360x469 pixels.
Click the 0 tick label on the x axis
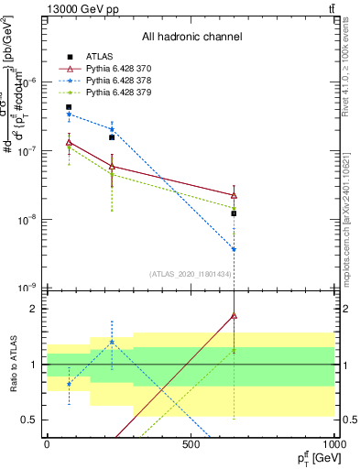tap(47, 444)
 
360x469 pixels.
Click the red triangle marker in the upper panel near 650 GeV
tap(235, 195)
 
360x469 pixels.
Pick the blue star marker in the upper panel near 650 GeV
tap(235, 249)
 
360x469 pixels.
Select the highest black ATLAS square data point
tap(69, 107)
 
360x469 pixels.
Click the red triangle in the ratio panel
tap(235, 315)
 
